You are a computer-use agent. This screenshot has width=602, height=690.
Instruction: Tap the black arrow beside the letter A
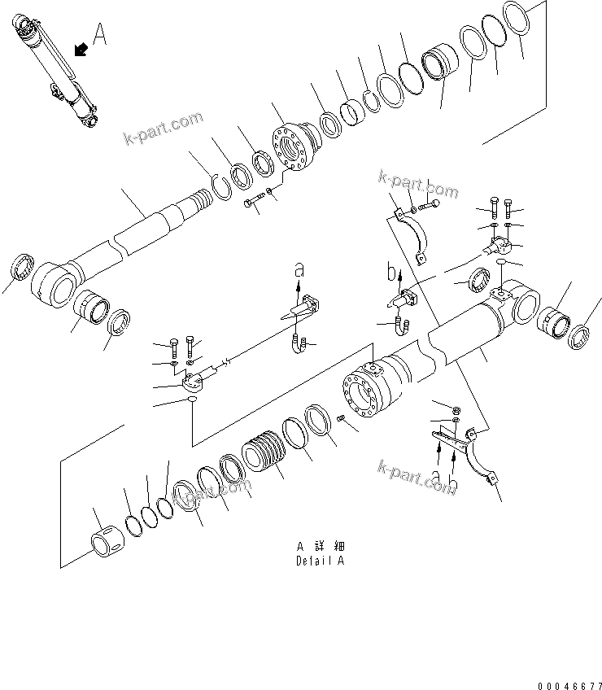coord(81,50)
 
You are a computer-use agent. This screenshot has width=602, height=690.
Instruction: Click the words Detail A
coord(321,561)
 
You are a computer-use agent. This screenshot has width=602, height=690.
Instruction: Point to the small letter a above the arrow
coord(299,266)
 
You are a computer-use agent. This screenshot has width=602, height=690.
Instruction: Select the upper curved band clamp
coord(412,236)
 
